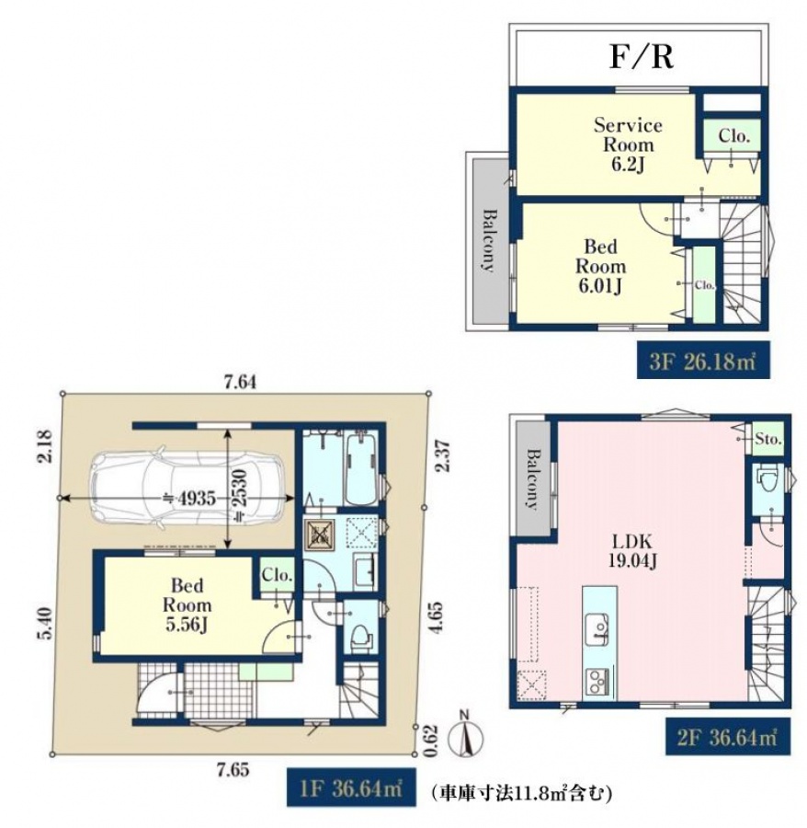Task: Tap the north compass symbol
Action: (465, 737)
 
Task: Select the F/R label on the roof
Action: (642, 57)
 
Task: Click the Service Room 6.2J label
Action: (628, 144)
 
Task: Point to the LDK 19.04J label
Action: (632, 551)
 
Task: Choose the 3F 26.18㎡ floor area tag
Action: (702, 362)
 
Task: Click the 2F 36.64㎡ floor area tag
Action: (727, 736)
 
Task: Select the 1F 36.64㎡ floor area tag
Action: (351, 788)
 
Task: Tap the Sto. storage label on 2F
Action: (768, 438)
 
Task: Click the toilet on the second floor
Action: (767, 479)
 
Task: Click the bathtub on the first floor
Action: (361, 467)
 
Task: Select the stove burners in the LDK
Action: (598, 682)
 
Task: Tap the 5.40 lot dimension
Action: (44, 624)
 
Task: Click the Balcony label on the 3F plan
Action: (489, 241)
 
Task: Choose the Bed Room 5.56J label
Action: (187, 605)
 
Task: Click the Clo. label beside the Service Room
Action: (733, 136)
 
